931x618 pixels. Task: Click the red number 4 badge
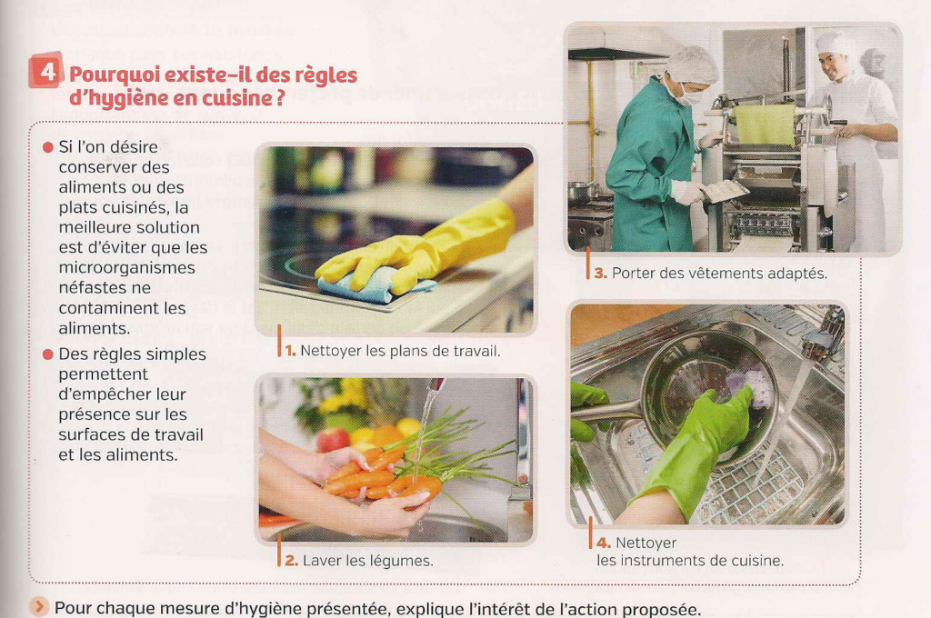(46, 70)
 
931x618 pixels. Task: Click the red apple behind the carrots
(333, 440)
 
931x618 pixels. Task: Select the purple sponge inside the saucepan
(750, 386)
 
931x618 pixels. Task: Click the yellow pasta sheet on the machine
(765, 125)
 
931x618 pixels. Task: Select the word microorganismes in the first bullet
(126, 268)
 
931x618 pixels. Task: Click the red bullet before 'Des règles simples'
(48, 354)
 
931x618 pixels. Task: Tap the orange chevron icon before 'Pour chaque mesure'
(39, 607)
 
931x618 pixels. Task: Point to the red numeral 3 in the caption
(600, 273)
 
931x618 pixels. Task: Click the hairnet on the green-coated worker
(692, 65)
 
